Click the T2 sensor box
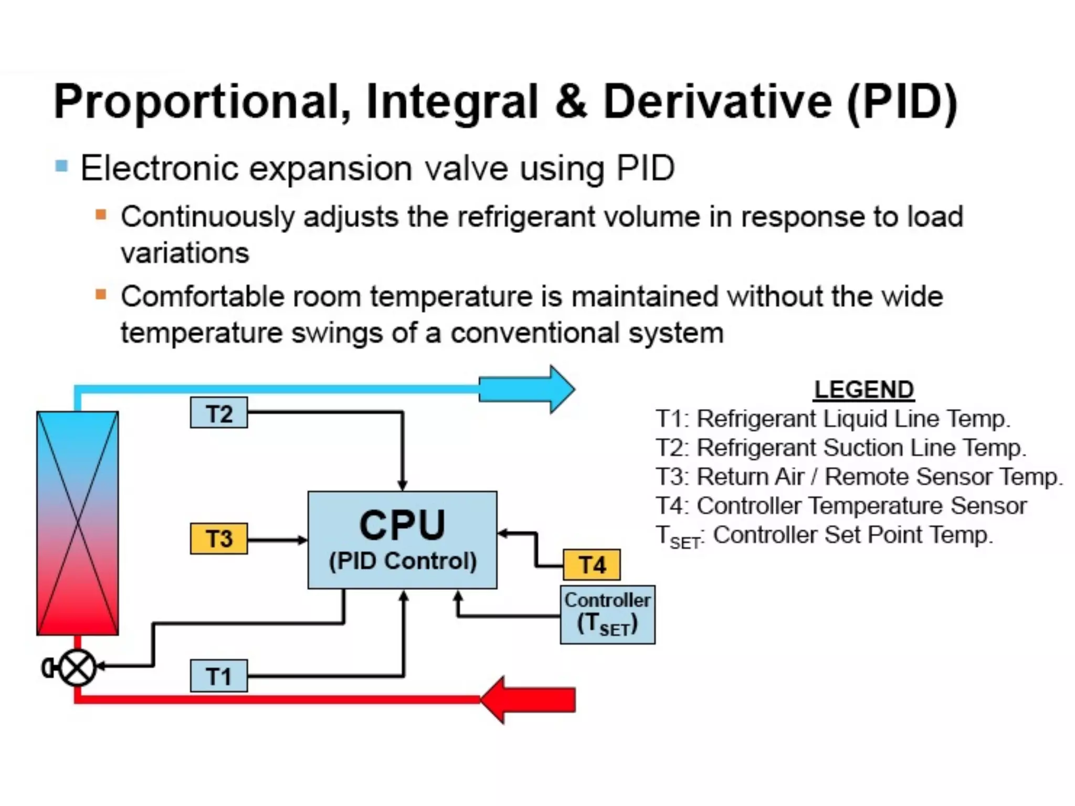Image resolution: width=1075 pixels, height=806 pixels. tap(219, 413)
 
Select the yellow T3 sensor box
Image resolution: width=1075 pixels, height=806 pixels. tap(219, 538)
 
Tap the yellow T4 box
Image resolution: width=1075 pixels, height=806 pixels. tap(592, 565)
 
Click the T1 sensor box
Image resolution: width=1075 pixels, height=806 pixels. tap(219, 676)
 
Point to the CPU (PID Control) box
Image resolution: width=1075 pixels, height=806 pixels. tap(402, 539)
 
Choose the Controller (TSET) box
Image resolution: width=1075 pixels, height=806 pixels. tap(607, 614)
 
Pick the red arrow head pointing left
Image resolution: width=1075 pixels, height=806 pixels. tap(496, 700)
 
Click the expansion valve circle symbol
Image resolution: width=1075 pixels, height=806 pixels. tap(78, 668)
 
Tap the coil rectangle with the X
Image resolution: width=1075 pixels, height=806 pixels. tap(78, 523)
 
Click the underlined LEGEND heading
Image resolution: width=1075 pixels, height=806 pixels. tap(863, 390)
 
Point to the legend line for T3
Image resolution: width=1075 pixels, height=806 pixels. tap(859, 477)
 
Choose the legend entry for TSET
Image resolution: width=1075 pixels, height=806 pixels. tap(824, 536)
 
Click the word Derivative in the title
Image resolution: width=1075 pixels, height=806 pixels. tap(718, 102)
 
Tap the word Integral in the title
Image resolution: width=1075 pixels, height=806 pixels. tap(452, 102)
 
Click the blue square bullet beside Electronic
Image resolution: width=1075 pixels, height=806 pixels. tap(62, 167)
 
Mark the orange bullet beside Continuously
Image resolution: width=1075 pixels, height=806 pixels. tap(101, 215)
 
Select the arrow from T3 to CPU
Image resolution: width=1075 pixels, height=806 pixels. tap(277, 539)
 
